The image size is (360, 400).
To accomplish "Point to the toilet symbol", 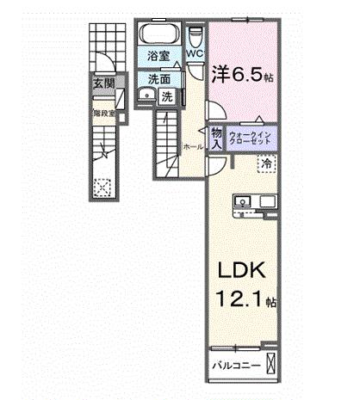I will (194, 37).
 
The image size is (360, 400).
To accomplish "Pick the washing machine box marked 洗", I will (167, 96).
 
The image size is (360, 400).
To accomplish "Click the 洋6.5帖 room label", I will (244, 74).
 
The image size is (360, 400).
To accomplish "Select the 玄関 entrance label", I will (105, 83).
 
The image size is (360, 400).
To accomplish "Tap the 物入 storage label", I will (216, 138).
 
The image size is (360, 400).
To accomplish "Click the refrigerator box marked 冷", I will (267, 162).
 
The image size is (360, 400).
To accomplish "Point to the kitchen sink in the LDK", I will (241, 202).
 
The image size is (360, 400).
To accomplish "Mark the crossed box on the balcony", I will (271, 363).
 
